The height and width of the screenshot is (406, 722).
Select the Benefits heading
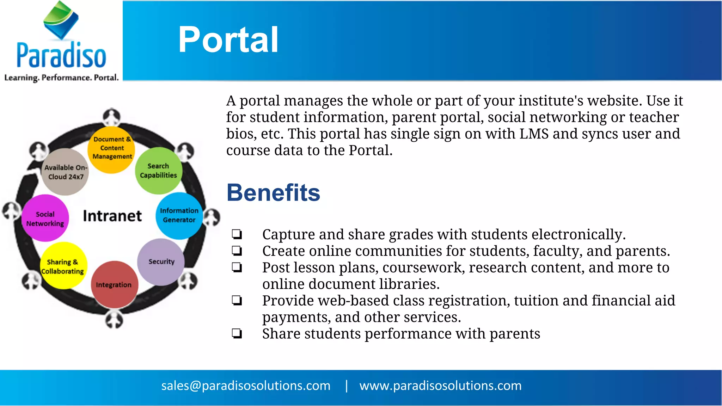273,193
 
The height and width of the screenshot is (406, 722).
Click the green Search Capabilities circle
158,171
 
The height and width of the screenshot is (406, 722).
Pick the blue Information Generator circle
179,215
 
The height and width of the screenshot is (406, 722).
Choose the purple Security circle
161,262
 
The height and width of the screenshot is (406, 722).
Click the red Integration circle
114,284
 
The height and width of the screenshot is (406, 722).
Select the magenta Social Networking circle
45,219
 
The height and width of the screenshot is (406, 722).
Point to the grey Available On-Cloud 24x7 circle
65,172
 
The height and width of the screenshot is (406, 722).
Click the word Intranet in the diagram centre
112,216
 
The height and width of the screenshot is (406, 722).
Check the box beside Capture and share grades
237,234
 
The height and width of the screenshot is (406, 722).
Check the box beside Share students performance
237,333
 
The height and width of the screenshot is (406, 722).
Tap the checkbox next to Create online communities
237,251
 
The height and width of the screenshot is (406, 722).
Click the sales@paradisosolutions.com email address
246,386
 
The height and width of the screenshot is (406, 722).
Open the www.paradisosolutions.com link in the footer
440,386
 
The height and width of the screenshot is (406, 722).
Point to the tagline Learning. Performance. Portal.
61,78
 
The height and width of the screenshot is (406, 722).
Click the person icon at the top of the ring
112,116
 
